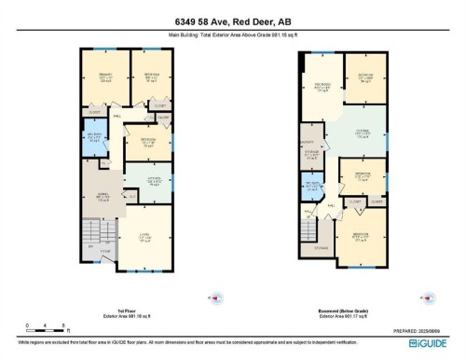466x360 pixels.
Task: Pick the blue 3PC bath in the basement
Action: pyautogui.click(x=313, y=186)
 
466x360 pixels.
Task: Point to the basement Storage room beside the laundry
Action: pyautogui.click(x=313, y=157)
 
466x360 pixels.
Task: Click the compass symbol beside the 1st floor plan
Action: pyautogui.click(x=218, y=298)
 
